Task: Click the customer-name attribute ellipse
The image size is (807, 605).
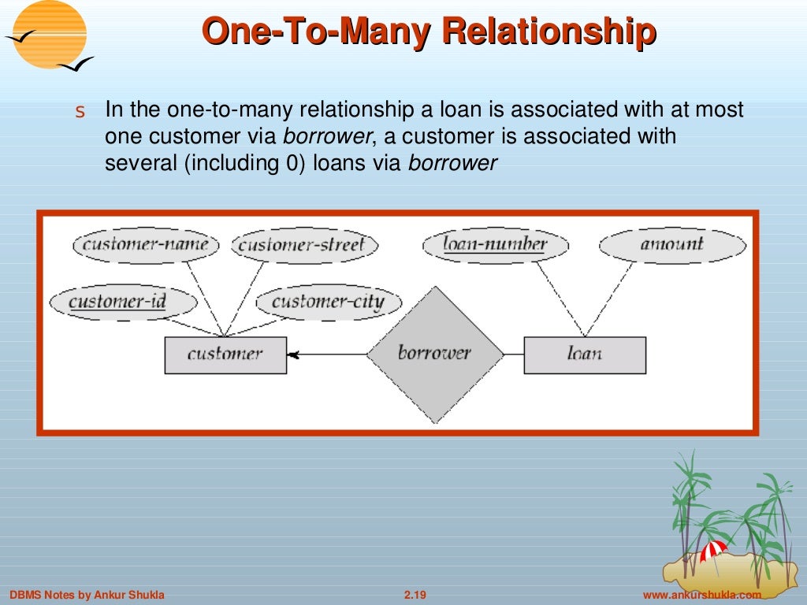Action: [145, 245]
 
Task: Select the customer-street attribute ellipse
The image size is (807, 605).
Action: [303, 245]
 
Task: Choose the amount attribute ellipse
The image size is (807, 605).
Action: [671, 245]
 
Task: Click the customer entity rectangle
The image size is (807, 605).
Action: [225, 354]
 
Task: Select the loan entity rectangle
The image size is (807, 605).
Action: [584, 354]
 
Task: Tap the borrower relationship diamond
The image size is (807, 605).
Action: [434, 354]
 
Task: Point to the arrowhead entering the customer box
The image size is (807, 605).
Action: [293, 355]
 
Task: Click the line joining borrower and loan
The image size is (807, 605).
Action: [514, 354]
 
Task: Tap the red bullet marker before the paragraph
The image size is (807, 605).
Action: [79, 113]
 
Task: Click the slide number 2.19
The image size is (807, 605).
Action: [415, 595]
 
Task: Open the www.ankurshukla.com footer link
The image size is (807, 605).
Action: [702, 595]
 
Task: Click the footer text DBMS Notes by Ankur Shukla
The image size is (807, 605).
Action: [87, 595]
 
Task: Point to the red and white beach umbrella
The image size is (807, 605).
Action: [714, 549]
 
